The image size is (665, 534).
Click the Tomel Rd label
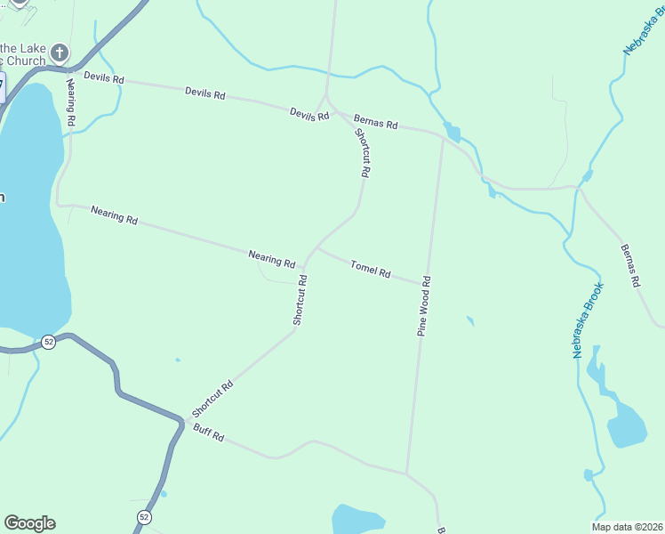click(371, 269)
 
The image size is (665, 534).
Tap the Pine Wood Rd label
click(425, 305)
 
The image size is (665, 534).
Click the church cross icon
click(60, 53)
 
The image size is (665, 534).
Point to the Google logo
click(29, 523)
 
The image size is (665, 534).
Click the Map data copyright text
click(626, 527)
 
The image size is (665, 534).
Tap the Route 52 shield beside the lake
click(48, 342)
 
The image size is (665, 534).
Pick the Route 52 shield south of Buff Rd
click(145, 517)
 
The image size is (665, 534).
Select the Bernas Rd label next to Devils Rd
click(375, 121)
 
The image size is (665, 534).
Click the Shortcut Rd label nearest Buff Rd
click(212, 400)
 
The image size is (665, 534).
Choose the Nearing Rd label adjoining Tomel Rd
click(272, 259)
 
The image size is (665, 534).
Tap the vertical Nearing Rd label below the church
click(70, 101)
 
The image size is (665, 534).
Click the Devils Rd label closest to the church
click(104, 78)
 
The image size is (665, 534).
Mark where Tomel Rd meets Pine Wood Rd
click(422, 284)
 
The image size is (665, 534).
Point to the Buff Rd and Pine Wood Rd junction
click(407, 473)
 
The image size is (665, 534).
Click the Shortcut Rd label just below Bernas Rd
click(363, 151)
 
